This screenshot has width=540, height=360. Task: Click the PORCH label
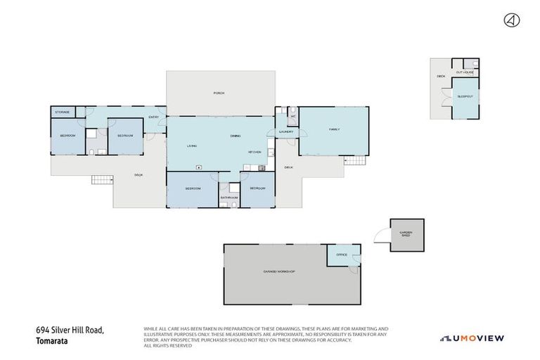tap(219, 93)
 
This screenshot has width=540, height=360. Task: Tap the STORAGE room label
tap(63, 112)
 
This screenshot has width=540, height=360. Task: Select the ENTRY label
tap(153, 117)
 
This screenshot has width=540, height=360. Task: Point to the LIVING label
tap(191, 146)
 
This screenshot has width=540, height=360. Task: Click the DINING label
tap(236, 136)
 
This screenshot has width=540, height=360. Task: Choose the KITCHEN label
tap(255, 152)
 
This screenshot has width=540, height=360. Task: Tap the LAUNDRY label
tap(285, 131)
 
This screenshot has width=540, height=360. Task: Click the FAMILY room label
tap(334, 129)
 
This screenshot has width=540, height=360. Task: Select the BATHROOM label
tap(229, 198)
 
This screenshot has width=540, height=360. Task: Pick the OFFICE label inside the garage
tap(342, 255)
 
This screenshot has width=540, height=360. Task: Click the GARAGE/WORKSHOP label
tap(279, 271)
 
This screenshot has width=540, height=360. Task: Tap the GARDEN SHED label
tap(406, 234)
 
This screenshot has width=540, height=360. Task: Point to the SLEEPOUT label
tap(465, 96)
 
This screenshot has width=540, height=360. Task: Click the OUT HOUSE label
tap(464, 72)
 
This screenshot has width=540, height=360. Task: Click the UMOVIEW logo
tap(472, 338)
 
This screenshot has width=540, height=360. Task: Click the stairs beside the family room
tap(355, 161)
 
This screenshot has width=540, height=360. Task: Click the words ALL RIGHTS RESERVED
tap(167, 345)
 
